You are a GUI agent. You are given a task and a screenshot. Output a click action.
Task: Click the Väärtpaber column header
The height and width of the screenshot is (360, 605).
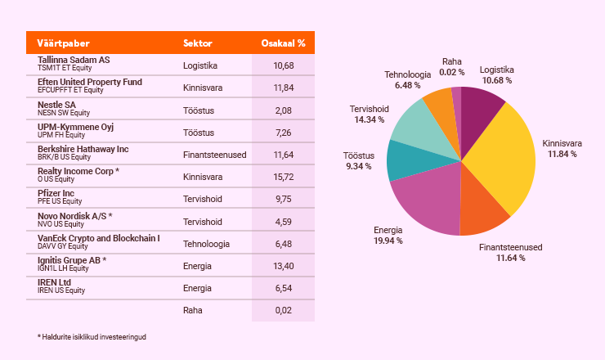pos(63,43)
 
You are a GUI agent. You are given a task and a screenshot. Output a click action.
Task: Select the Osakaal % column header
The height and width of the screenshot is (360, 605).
pos(283,43)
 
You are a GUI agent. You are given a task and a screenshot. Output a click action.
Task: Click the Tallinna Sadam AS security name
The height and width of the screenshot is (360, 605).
pos(74,61)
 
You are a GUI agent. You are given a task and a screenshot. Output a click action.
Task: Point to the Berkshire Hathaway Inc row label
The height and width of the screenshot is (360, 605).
pos(83,149)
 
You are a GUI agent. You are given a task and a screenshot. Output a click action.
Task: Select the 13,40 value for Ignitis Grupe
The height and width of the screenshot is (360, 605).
pos(284,266)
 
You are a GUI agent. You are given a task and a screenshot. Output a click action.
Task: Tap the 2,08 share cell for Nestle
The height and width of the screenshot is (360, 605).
pos(284,110)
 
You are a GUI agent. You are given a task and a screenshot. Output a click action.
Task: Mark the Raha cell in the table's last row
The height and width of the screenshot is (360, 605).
pos(193,311)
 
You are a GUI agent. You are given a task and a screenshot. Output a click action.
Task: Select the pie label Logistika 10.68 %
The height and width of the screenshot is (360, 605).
pos(496,75)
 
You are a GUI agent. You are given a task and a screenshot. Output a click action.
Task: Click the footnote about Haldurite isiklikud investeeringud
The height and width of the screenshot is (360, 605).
pos(97,337)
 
